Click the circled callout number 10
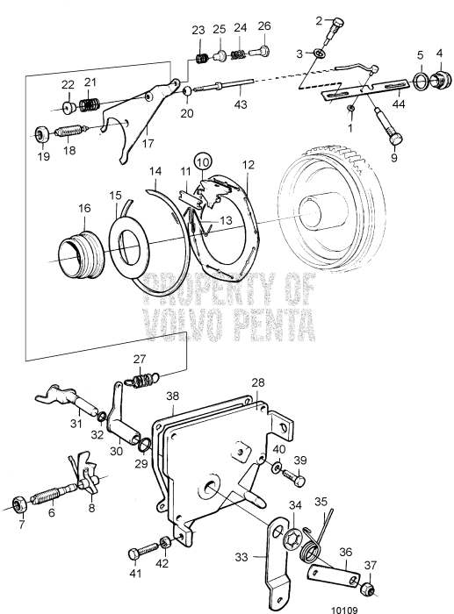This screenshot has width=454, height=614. click(x=203, y=162)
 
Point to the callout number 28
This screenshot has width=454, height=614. click(x=257, y=383)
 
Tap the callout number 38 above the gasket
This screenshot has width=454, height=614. click(x=173, y=396)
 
